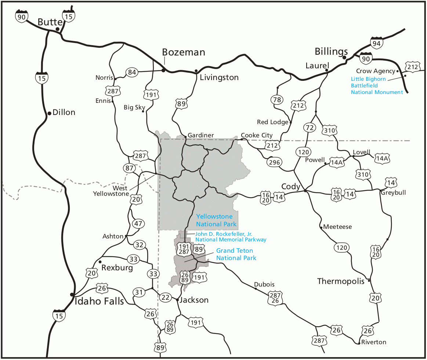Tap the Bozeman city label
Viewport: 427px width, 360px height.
[184, 52]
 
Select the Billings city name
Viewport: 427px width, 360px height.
[331, 51]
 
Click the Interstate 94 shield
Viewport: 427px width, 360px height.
[377, 42]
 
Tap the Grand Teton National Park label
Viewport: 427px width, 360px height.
[235, 254]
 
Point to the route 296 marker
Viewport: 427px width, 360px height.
[274, 162]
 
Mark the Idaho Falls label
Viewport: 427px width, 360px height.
[99, 301]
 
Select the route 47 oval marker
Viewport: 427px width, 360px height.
[139, 223]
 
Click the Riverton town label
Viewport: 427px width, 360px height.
[373, 342]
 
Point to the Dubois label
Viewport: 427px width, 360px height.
[264, 284]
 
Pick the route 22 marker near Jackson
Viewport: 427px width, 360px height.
[166, 297]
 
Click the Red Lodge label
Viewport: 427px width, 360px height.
[272, 122]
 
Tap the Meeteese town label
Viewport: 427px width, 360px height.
[337, 227]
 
